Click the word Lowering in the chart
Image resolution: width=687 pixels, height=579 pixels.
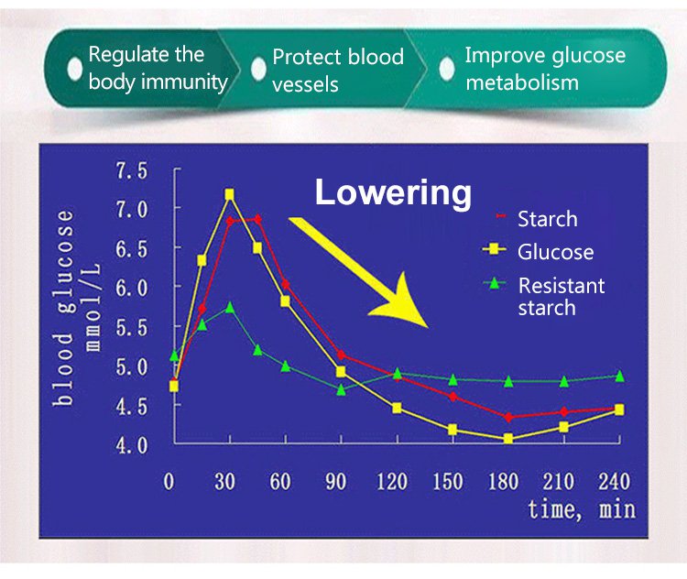pyautogui.click(x=393, y=193)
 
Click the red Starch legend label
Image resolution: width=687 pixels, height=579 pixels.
pyautogui.click(x=547, y=219)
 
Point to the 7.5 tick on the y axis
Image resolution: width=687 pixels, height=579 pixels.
pyautogui.click(x=130, y=171)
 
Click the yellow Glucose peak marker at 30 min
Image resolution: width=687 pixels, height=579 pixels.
pyautogui.click(x=229, y=194)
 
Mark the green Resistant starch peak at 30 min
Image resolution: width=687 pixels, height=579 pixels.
pyautogui.click(x=230, y=308)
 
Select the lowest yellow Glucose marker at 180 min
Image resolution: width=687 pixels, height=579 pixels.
pyautogui.click(x=508, y=439)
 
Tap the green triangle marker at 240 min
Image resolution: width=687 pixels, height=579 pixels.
pyautogui.click(x=619, y=376)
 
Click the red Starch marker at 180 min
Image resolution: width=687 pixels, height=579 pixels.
pyautogui.click(x=508, y=417)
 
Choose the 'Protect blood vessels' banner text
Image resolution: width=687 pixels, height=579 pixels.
pyautogui.click(x=337, y=71)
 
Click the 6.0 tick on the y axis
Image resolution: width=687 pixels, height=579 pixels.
pyautogui.click(x=130, y=287)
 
